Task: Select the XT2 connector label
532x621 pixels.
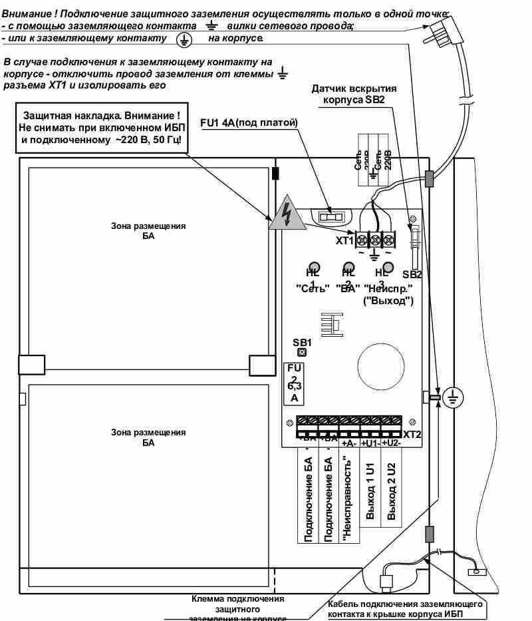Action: point(412,435)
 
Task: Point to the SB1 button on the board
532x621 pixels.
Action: point(302,351)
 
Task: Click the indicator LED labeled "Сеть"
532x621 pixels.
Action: point(314,268)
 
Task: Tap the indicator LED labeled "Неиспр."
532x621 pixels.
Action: point(388,268)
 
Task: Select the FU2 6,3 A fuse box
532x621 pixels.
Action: point(293,383)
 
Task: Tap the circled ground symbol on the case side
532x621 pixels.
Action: point(453,398)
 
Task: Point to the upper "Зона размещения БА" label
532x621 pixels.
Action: point(148,231)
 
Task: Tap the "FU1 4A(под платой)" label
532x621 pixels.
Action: point(248,123)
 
